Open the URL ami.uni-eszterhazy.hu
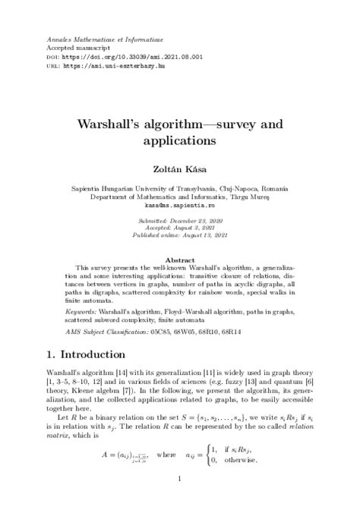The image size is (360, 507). pyautogui.click(x=115, y=65)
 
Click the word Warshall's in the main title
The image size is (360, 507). pyautogui.click(x=121, y=123)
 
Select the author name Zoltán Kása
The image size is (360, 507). pyautogui.click(x=180, y=172)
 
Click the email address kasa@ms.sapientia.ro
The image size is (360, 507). pyautogui.click(x=180, y=205)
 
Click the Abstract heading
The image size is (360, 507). pyautogui.click(x=180, y=260)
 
